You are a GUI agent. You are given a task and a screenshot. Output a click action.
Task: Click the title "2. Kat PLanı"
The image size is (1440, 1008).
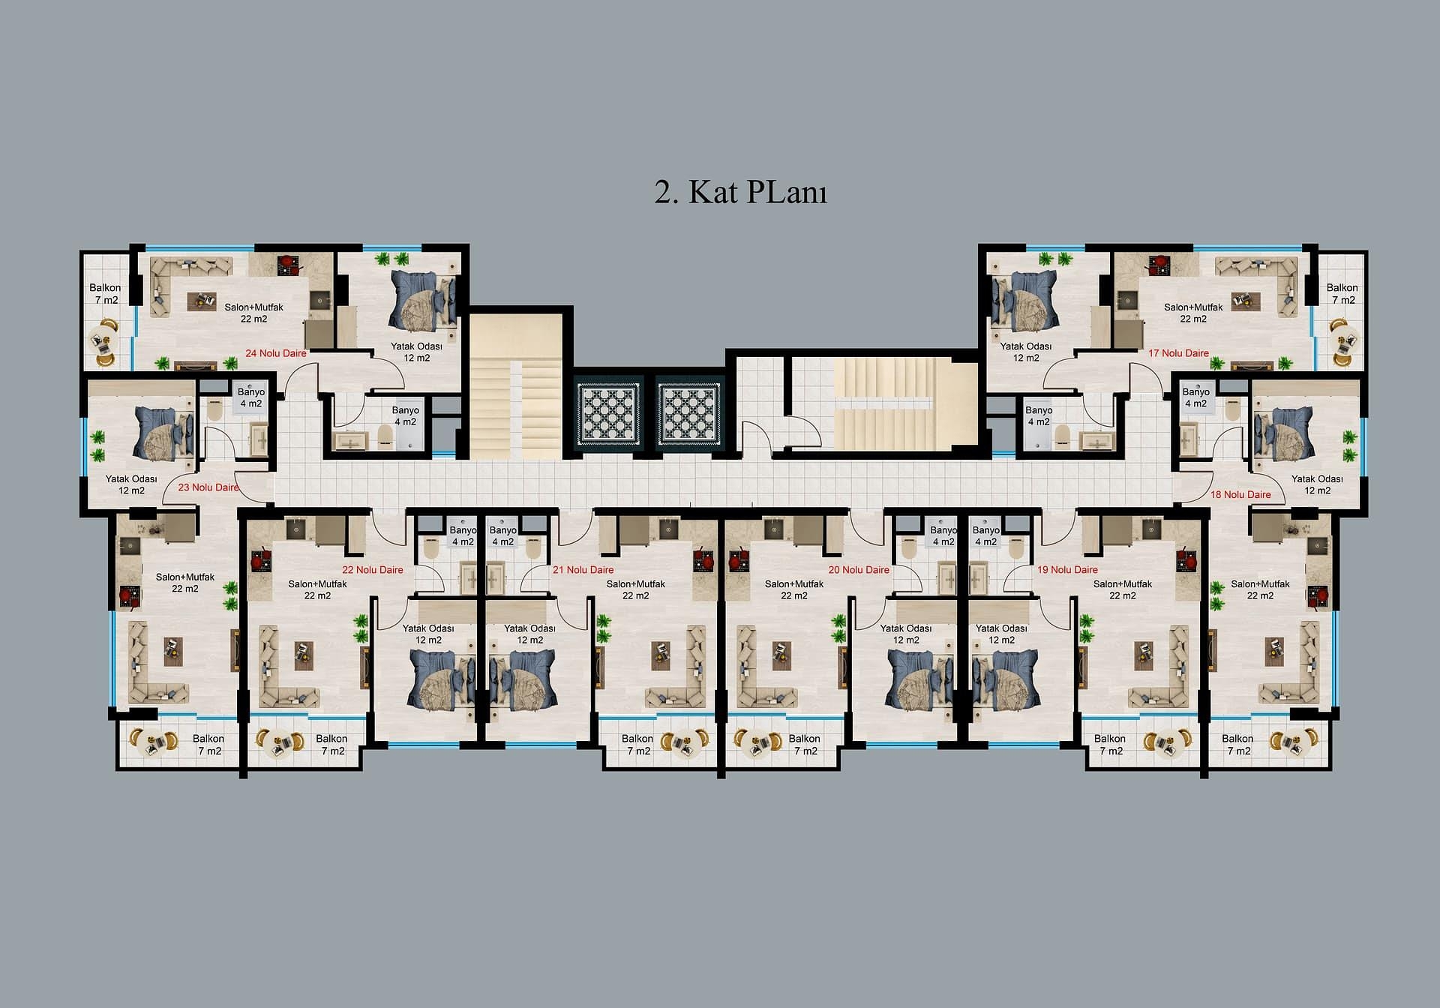[740, 192]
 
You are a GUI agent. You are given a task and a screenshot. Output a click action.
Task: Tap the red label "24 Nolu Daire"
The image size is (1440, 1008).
[276, 353]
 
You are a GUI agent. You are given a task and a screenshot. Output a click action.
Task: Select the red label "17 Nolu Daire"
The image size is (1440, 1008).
[1178, 353]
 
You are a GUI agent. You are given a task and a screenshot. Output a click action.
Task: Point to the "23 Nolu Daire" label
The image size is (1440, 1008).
[208, 487]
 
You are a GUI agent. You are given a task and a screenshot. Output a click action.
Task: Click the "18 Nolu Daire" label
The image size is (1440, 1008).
[1240, 495]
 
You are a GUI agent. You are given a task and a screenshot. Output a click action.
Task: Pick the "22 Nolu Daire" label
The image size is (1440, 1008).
[373, 570]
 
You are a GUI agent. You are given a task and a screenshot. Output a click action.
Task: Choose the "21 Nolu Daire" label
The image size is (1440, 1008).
[583, 570]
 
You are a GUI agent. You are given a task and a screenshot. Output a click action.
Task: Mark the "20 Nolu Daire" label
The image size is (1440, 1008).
[859, 570]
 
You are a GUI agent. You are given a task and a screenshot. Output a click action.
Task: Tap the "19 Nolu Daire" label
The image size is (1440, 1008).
[1067, 570]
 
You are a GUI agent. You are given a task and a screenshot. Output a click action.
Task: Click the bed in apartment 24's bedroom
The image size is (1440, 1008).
[421, 300]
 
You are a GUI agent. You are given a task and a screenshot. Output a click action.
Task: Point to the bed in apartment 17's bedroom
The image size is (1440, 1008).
[1024, 300]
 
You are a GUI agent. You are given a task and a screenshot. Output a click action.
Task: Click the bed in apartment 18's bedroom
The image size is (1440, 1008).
[1284, 435]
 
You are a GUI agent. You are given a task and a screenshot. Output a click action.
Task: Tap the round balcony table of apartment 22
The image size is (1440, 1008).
[277, 742]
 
